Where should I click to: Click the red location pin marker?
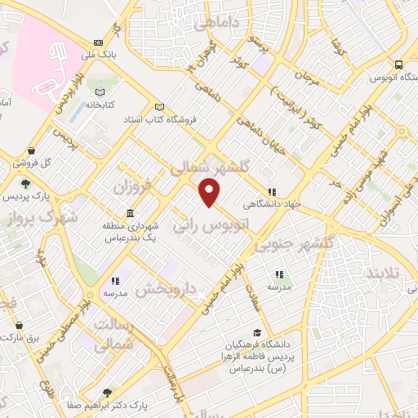[x=211, y=192]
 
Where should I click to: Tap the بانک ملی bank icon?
[x=99, y=42]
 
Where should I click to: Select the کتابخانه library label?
[x=100, y=105]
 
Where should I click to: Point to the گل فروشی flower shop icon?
[x=31, y=151]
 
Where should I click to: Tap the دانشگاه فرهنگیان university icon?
[x=258, y=332]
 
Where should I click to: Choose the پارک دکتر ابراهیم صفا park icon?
[x=106, y=392]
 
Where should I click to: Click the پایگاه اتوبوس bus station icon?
[x=398, y=64]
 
